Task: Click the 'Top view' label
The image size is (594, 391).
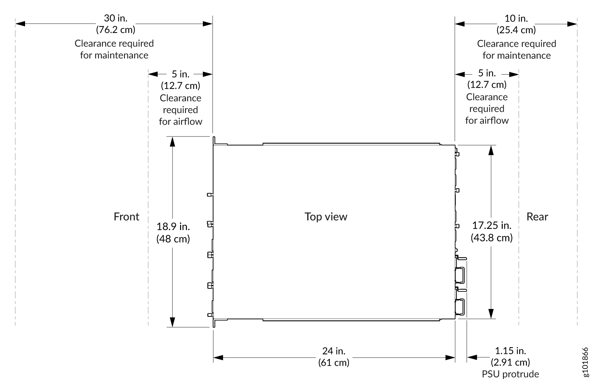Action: (x=326, y=217)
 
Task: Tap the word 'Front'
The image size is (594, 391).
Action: (x=127, y=217)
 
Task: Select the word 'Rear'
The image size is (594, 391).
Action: (x=537, y=217)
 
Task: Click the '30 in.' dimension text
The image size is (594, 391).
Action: (x=116, y=18)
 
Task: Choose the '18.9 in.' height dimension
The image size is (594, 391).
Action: (x=173, y=226)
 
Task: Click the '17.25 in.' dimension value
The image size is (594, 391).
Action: (x=492, y=226)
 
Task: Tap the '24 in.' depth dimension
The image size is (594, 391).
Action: (x=334, y=351)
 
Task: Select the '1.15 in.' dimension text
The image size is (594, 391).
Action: (x=511, y=351)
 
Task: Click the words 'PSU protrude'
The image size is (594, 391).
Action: (x=511, y=374)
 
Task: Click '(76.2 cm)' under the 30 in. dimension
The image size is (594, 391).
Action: (x=116, y=30)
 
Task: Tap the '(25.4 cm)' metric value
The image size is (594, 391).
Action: (x=516, y=30)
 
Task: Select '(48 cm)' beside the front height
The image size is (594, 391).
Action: (x=173, y=239)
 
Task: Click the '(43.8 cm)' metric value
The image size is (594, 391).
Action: (x=492, y=238)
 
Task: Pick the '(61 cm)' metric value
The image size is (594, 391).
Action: (x=334, y=363)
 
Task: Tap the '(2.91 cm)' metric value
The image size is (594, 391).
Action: (x=511, y=362)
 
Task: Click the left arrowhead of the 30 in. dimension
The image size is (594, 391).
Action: (x=20, y=24)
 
